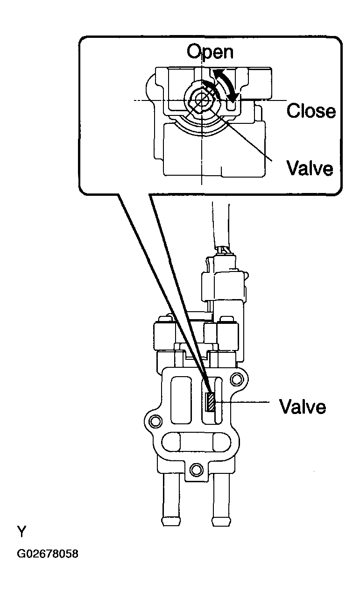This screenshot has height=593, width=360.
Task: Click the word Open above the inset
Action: pyautogui.click(x=210, y=51)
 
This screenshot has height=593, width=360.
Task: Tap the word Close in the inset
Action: pyautogui.click(x=311, y=111)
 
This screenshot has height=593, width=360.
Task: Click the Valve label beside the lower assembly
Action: pyautogui.click(x=302, y=406)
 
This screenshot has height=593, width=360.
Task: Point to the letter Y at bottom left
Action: pyautogui.click(x=22, y=531)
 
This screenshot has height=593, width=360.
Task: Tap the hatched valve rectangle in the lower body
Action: pyautogui.click(x=211, y=402)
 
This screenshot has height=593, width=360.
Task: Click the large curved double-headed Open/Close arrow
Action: pyautogui.click(x=227, y=83)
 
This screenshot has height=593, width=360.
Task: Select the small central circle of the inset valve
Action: pyautogui.click(x=202, y=100)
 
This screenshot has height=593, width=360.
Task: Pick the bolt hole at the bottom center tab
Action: pyautogui.click(x=197, y=468)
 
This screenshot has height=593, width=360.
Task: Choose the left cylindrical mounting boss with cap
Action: pyautogui.click(x=164, y=336)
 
